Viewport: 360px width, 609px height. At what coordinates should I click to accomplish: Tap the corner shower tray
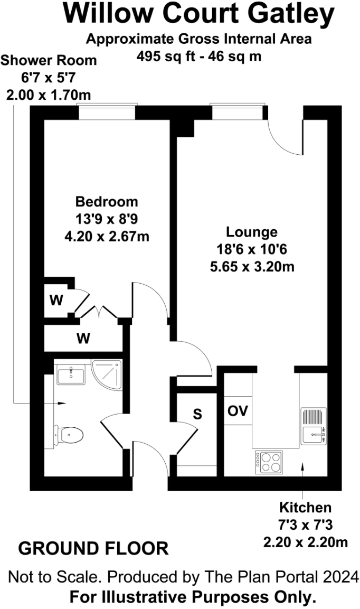pyautogui.click(x=107, y=374)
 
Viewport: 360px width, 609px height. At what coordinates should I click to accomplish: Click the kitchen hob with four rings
pyautogui.click(x=269, y=462)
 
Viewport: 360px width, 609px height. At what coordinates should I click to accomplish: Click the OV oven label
pyautogui.click(x=238, y=411)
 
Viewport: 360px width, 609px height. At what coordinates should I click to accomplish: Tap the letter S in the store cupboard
pyautogui.click(x=197, y=415)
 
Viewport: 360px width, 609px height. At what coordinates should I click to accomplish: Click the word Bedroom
pyautogui.click(x=107, y=202)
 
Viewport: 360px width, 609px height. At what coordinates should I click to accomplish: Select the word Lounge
pyautogui.click(x=252, y=232)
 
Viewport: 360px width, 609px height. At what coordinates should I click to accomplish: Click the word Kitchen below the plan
pyautogui.click(x=305, y=508)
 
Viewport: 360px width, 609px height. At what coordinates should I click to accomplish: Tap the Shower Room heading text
pyautogui.click(x=49, y=60)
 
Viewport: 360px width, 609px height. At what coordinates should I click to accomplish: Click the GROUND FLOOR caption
pyautogui.click(x=93, y=548)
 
